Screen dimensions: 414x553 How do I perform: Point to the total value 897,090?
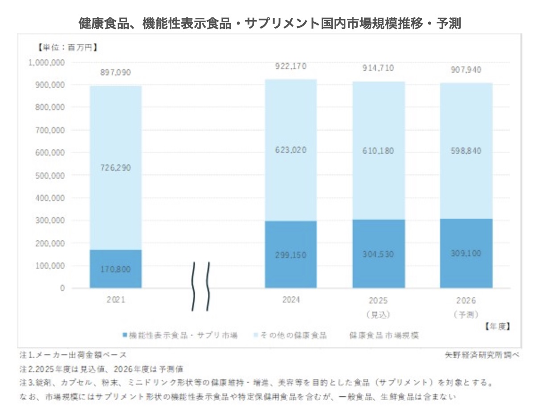coord(116,73)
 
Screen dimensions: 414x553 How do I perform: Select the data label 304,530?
coord(379,254)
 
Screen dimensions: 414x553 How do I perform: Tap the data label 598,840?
coord(466,151)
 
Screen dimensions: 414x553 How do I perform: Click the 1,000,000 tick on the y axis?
coord(47,62)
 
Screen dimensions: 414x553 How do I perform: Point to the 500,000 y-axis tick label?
coord(50,176)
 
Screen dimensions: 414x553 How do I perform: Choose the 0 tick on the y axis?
coord(62,288)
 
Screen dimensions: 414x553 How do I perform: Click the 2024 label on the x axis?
coord(291,300)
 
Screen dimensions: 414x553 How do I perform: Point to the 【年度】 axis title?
coord(497,326)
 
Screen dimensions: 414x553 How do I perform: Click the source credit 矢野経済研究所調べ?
coord(482,355)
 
